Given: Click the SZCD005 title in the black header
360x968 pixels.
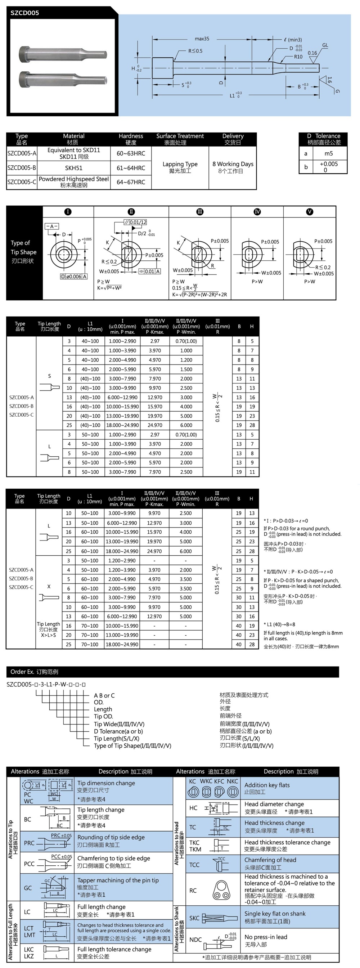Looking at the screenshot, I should click(25, 13).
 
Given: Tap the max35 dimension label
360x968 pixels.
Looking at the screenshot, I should click(202, 39).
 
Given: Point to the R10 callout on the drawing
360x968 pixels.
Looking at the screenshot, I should click(298, 57).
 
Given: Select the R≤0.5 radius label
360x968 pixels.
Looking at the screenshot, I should click(195, 51).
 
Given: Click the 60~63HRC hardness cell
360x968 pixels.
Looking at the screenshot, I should click(131, 153).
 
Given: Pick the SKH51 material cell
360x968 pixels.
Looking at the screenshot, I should click(74, 168).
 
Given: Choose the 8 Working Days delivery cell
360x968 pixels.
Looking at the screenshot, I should click(233, 167).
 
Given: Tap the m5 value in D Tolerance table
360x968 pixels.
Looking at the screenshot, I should click(328, 153).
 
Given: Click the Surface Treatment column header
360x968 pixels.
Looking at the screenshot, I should click(180, 139).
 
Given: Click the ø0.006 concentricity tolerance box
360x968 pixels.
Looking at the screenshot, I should click(74, 277).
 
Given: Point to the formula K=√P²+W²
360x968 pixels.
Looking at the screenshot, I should click(109, 288).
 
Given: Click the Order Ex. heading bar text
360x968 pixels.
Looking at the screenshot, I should click(34, 672).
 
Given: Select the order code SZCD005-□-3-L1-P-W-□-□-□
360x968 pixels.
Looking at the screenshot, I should click(46, 684).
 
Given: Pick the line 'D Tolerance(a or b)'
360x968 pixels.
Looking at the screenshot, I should click(118, 731).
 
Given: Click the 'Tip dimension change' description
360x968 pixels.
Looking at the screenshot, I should click(106, 783).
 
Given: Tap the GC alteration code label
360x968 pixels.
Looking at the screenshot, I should click(28, 888).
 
